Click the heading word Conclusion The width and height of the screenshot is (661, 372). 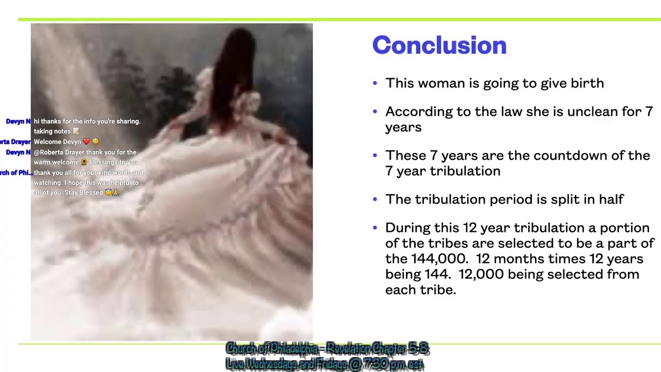click(439, 45)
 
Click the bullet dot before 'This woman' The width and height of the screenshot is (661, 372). click(375, 84)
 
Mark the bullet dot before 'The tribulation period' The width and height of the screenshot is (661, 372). click(375, 200)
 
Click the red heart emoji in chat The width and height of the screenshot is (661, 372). click(86, 142)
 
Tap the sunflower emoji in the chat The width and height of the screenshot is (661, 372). click(84, 162)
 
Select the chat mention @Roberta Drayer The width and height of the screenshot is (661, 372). click(59, 152)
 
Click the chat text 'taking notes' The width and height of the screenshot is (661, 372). click(52, 131)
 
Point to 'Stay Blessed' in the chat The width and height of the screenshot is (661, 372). click(84, 193)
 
